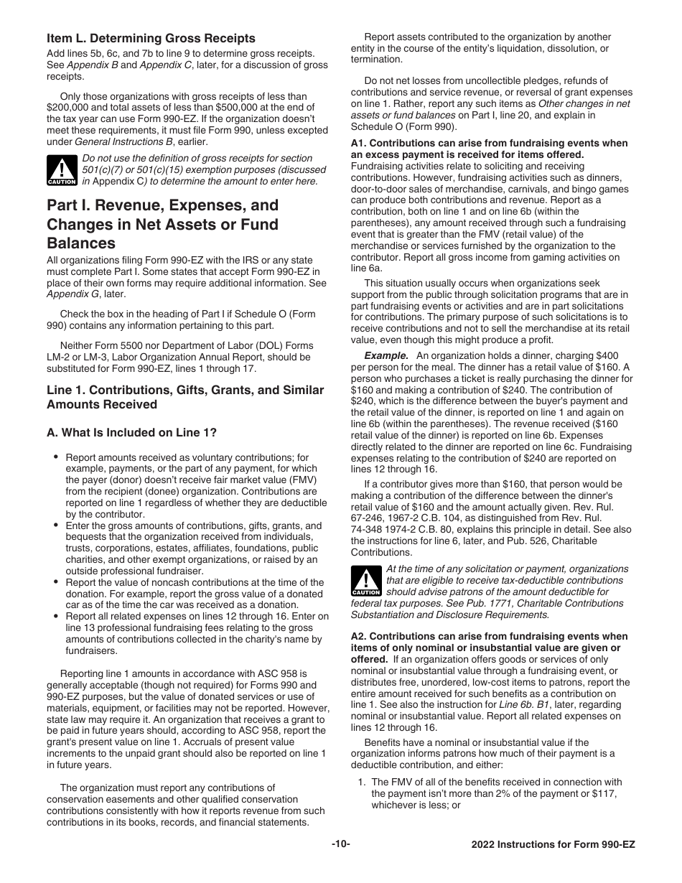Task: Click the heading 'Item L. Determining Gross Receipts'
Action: [x=151, y=38]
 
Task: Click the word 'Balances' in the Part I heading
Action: [x=81, y=243]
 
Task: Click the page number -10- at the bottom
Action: [x=340, y=844]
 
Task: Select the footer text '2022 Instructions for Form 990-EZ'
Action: [x=553, y=844]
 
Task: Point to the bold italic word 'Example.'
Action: [x=386, y=356]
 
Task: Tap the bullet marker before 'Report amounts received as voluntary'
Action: [x=56, y=457]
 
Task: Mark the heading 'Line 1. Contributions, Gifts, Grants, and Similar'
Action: [x=185, y=391]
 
